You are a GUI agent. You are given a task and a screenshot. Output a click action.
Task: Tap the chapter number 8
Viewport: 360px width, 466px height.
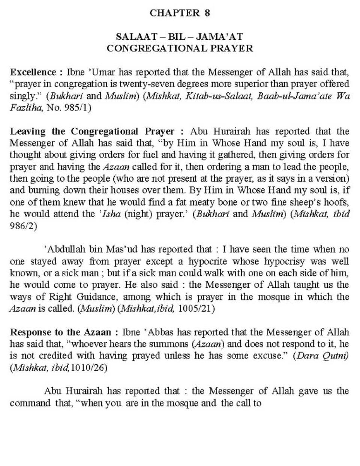[x=207, y=13]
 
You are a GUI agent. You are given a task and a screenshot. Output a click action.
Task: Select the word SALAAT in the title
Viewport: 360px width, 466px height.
[x=132, y=37]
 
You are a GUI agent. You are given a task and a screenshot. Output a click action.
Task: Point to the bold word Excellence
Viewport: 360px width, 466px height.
[x=33, y=72]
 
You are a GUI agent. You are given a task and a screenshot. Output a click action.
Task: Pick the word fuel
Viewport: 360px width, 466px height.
[x=144, y=155]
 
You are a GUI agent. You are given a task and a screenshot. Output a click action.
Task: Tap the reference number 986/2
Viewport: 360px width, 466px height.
[x=23, y=227]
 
